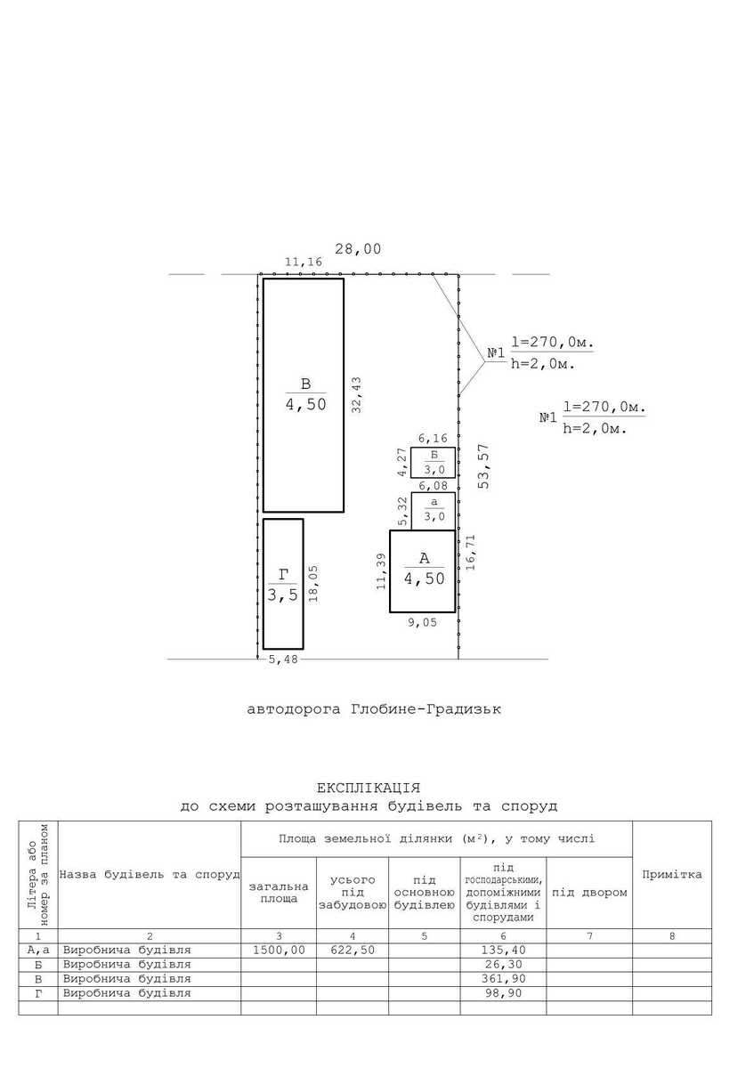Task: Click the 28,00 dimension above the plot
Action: pos(358,249)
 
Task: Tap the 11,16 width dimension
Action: pos(304,262)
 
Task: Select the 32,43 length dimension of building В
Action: pos(356,395)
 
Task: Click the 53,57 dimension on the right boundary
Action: pos(484,465)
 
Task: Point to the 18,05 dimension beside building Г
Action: pos(313,584)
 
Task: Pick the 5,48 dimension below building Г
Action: pos(283,659)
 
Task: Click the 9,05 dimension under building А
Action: pos(422,622)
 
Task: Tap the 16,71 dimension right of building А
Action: pos(471,553)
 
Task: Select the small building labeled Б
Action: pos(433,462)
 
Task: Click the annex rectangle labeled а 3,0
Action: pos(433,511)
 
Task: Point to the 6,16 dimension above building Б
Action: pos(433,438)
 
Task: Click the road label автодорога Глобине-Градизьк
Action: pos(374,709)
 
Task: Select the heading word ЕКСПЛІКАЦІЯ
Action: pos(369,788)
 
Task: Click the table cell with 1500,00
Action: pos(279,951)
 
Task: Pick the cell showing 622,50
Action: pos(353,951)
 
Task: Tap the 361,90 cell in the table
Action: pos(503,979)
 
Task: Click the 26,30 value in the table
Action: pos(503,965)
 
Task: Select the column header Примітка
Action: pos(672,874)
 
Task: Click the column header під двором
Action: pos(589,893)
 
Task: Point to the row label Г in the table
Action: pos(38,993)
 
